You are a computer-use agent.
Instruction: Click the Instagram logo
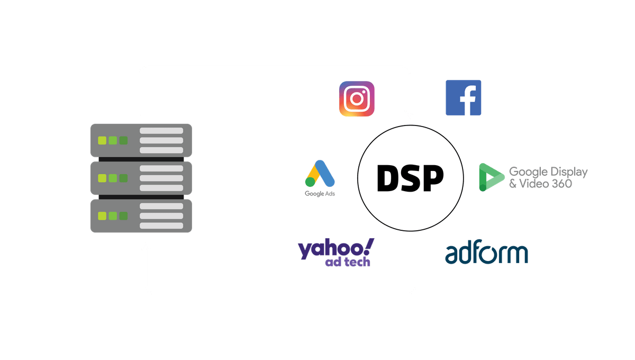(x=357, y=98)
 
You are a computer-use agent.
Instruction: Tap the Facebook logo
(x=463, y=97)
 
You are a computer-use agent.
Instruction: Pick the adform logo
(x=486, y=254)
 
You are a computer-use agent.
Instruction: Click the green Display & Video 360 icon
(x=490, y=177)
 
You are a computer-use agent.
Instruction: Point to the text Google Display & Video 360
(x=548, y=177)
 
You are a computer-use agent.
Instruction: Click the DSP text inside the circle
(x=410, y=178)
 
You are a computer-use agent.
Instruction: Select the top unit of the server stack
(x=141, y=140)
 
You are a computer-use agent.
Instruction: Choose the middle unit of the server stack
(x=141, y=178)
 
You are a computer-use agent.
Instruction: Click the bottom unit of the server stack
(x=141, y=215)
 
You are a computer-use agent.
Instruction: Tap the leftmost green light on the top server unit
(x=101, y=140)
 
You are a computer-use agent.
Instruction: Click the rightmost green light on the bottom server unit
(x=123, y=215)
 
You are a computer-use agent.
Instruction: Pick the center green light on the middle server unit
(x=112, y=178)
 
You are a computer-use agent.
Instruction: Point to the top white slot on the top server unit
(x=161, y=130)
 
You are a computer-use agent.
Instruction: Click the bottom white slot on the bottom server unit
(x=161, y=226)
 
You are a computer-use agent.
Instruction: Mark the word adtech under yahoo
(x=348, y=263)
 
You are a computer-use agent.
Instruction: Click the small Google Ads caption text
(x=320, y=193)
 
